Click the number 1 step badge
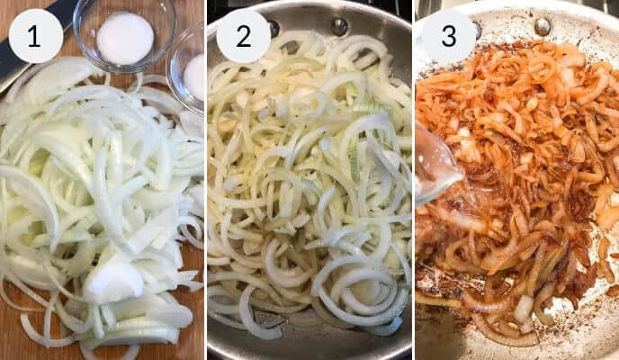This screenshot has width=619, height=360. (x=35, y=36)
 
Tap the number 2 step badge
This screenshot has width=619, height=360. (x=243, y=36)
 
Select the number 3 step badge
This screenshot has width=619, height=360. (x=448, y=36)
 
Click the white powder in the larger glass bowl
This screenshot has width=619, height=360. (x=125, y=38)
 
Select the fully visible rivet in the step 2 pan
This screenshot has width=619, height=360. (x=338, y=24)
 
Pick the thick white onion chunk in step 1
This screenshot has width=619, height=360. (x=112, y=279)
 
